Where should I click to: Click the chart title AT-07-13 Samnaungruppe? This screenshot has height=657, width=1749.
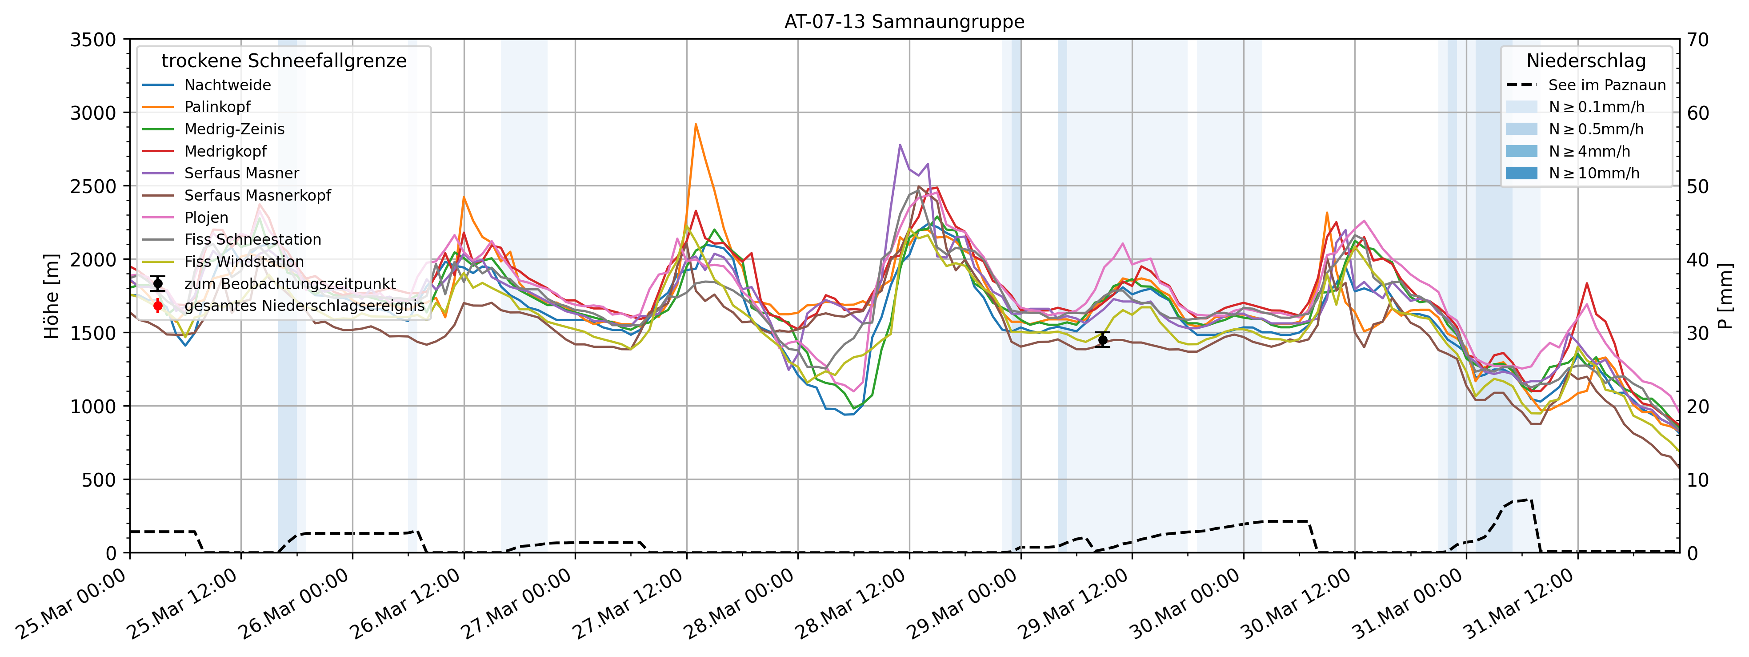pos(905,22)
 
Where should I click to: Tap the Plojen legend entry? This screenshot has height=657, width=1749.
pos(206,218)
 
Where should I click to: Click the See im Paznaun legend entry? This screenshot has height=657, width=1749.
pos(1606,85)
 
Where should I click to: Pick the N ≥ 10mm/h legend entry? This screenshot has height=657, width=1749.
pos(1593,173)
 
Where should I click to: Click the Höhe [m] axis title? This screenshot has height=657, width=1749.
pos(52,296)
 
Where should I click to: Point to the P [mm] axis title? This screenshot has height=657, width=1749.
pos(1725,296)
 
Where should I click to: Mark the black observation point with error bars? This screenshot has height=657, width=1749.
pos(1103,340)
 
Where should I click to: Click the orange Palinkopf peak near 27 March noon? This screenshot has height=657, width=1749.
pos(695,125)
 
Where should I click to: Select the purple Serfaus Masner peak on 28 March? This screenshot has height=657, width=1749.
pos(900,145)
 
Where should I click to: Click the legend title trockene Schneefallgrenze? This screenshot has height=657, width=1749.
pos(284,61)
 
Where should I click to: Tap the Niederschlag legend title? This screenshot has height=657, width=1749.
pos(1586,61)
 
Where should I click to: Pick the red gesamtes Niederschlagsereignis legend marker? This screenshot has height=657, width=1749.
pos(158,306)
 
